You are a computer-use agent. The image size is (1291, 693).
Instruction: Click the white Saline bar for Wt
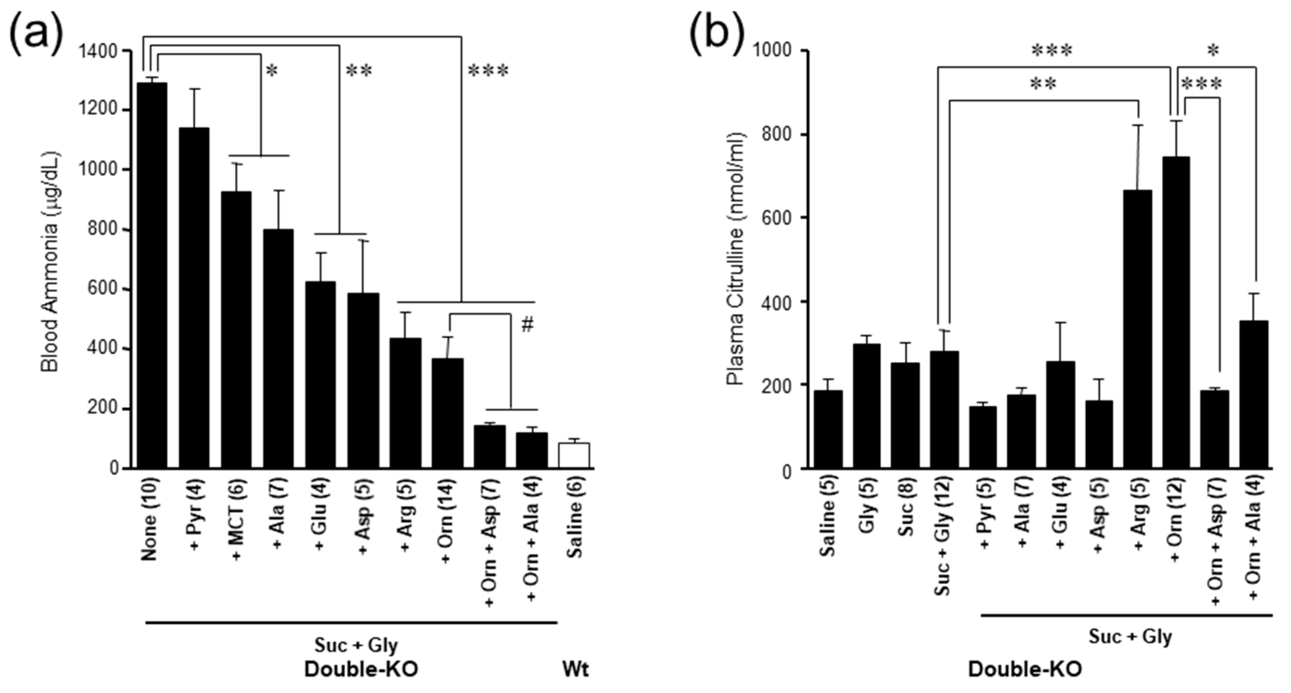coord(574,455)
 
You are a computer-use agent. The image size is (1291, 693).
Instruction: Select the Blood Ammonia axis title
coord(50,261)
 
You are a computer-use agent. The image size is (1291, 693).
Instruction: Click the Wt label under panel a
coord(575,669)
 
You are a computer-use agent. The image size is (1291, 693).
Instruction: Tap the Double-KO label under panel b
coord(1025,669)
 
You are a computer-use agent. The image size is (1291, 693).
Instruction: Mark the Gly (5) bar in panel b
coord(867,406)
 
